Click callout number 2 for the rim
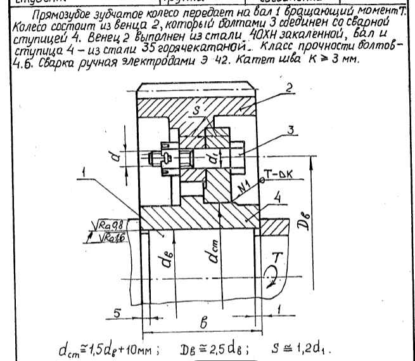point(289,88)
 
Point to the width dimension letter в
point(203,322)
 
